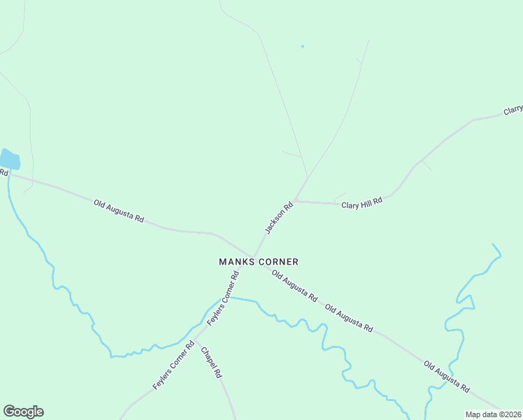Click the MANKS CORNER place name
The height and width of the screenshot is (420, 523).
(259, 262)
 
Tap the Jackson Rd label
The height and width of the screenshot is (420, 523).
(278, 218)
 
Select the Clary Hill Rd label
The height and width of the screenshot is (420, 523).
(361, 203)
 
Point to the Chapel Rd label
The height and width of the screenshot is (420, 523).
(210, 363)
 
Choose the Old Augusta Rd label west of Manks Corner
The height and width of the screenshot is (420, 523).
(119, 211)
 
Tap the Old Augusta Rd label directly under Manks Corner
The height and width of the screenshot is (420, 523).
(294, 286)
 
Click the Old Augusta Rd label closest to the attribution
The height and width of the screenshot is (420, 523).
(446, 377)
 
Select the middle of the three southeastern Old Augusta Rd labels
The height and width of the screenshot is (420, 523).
(349, 318)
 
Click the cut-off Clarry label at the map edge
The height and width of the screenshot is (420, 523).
(513, 111)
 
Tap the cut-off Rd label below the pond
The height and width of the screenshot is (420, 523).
(3, 172)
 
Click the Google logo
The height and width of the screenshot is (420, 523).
(23, 412)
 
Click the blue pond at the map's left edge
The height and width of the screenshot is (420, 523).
(9, 159)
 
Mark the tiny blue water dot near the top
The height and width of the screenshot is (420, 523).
(302, 47)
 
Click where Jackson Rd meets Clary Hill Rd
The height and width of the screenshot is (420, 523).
(296, 200)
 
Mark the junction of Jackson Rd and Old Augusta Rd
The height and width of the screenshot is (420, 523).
(253, 257)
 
